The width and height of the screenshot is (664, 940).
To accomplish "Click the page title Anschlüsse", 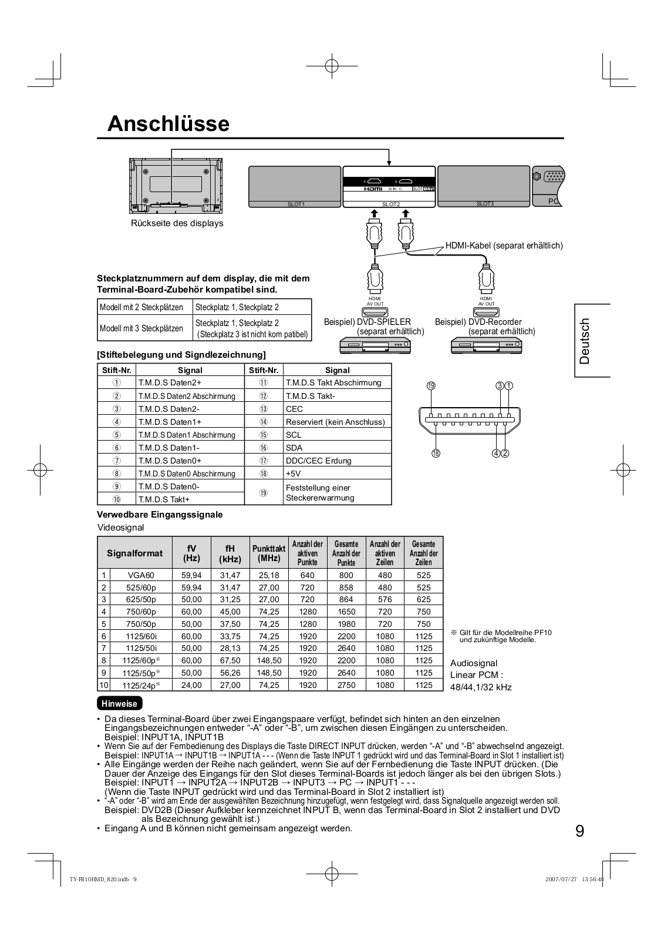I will point(168,124).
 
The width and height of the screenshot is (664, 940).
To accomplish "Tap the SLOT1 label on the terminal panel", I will point(295,204).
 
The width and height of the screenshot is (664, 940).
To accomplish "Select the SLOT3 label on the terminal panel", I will point(485,204).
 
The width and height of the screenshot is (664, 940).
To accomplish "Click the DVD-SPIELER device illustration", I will point(375,346).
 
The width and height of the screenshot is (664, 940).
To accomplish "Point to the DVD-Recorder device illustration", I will point(486,346).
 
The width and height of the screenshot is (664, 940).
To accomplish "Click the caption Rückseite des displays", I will point(177,223).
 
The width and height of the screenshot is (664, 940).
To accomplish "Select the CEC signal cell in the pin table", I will point(294,409).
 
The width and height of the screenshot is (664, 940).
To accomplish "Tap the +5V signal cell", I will point(293,474).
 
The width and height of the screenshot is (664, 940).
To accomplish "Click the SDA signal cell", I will point(294,448).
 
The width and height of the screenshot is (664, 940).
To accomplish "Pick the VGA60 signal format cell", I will point(141,575).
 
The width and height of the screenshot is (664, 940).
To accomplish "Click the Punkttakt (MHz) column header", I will point(269,553).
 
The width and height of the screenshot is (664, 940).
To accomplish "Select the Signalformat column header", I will point(135,553).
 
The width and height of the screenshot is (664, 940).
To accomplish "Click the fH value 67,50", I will point(230,660).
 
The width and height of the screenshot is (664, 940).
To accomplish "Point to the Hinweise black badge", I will point(119,703).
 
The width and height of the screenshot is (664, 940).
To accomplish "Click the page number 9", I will point(579,831).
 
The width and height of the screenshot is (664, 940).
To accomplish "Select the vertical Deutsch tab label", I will point(584,341).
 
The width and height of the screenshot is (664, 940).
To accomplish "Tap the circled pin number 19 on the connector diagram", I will point(431,386).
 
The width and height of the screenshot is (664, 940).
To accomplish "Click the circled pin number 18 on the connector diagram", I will point(436,453).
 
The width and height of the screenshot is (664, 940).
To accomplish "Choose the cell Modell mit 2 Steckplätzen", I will point(141,307).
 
